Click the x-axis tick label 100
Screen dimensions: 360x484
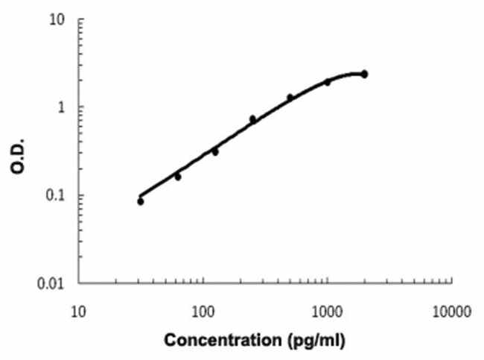(203, 309)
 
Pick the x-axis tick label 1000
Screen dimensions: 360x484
(327, 309)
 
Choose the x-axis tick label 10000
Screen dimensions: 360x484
(450, 309)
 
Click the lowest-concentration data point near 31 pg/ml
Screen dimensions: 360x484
(141, 201)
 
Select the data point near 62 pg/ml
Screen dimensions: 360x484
(177, 177)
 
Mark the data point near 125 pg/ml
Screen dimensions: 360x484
(215, 151)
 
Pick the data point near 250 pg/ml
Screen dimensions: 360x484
(252, 119)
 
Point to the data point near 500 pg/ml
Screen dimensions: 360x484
(290, 98)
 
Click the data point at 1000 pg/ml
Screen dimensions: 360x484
(327, 82)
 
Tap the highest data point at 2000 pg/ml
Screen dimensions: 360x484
(364, 75)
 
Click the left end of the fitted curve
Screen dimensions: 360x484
(140, 195)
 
